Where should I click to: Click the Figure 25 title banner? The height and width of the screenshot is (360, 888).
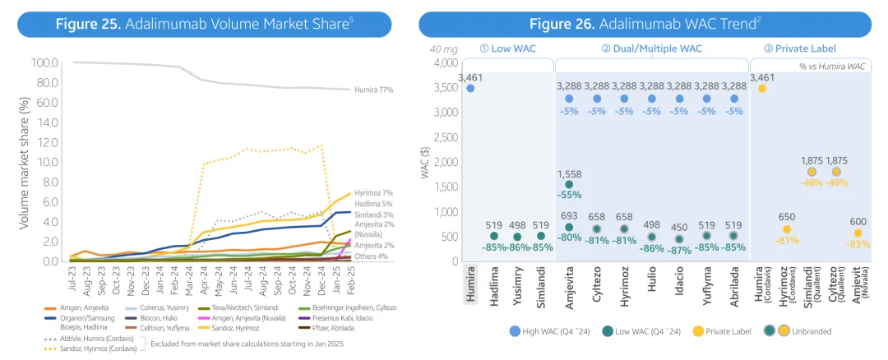[x=202, y=24]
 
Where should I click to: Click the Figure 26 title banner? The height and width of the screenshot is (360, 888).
[x=645, y=24]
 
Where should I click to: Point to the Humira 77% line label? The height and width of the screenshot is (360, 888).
[x=374, y=89]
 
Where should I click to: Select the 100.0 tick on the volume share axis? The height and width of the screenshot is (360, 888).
[x=44, y=62]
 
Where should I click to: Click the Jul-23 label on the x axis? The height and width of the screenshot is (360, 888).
[x=72, y=282]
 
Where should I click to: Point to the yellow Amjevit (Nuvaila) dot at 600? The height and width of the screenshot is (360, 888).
[x=858, y=233]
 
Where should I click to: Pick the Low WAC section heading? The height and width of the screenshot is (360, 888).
[x=507, y=48]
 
